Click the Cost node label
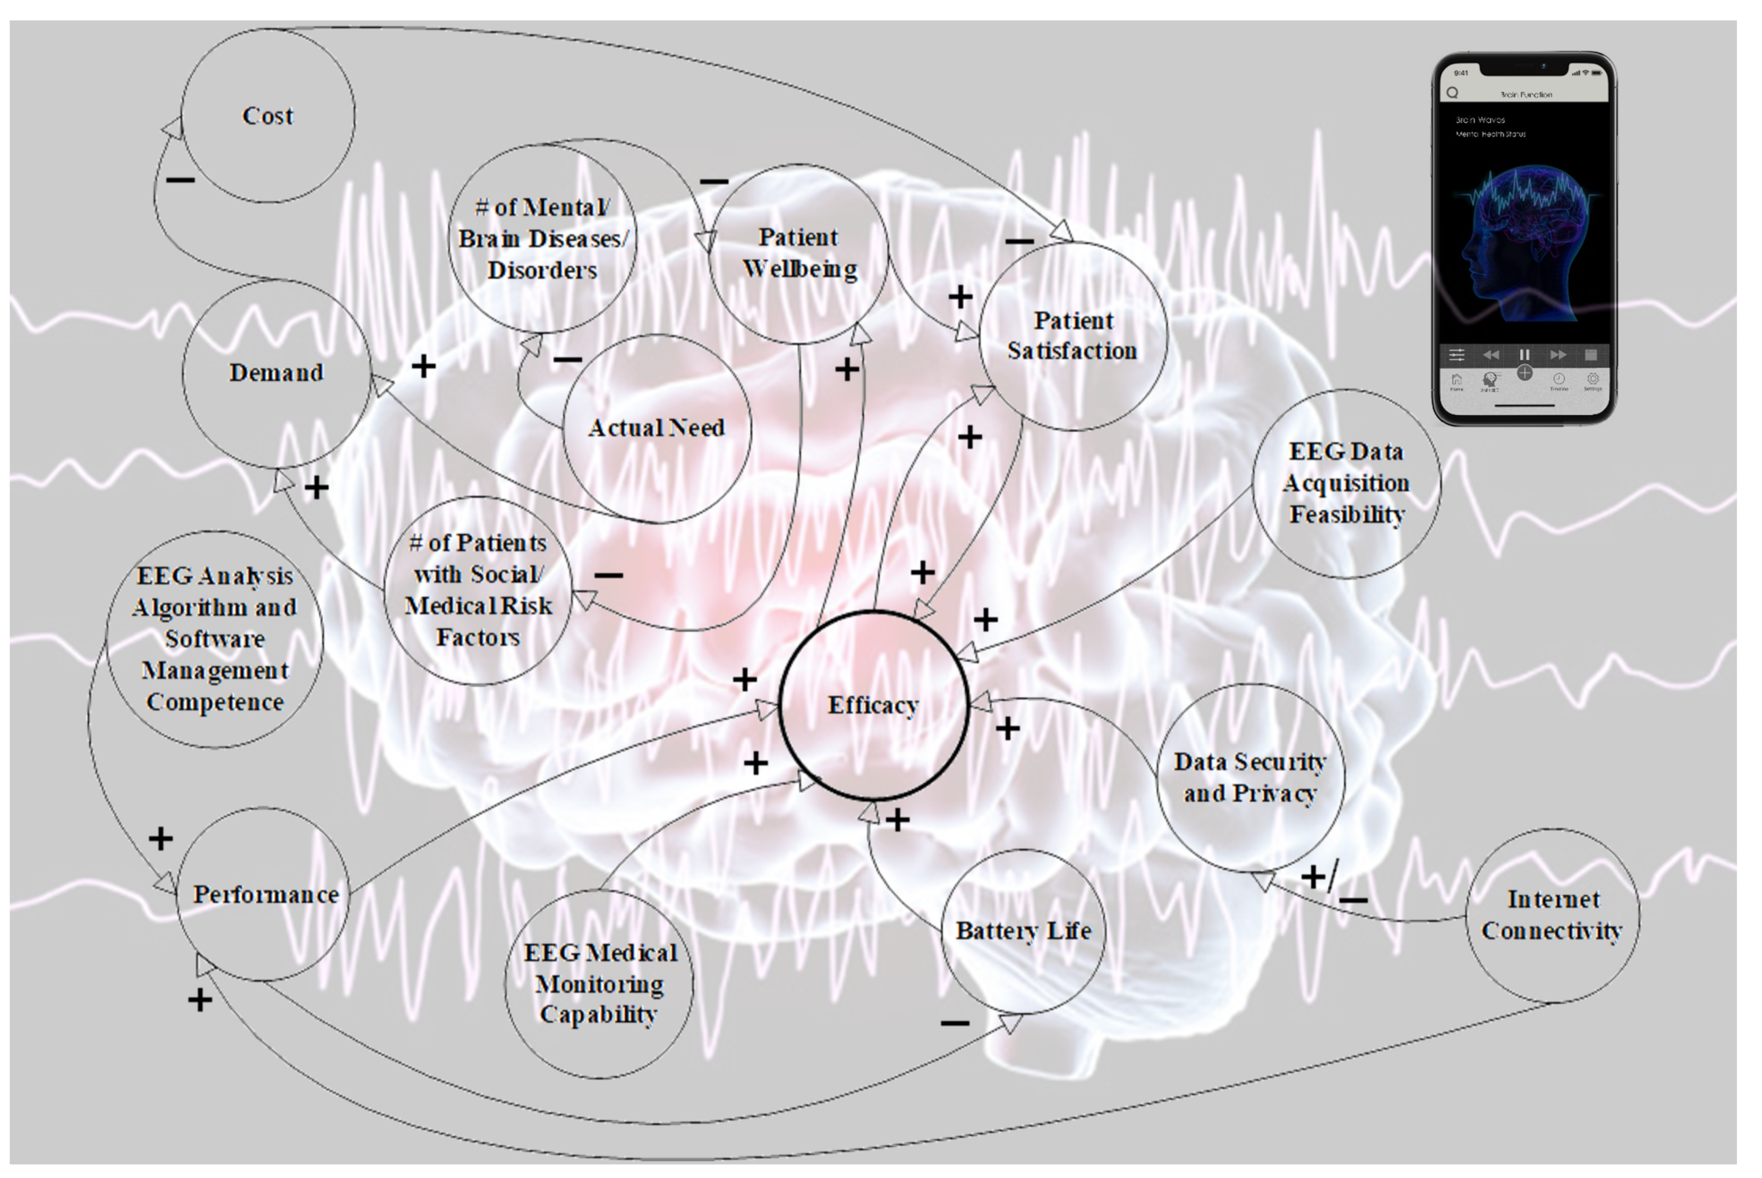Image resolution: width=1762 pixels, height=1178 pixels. point(267,116)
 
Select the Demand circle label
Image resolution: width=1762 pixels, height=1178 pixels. point(276,372)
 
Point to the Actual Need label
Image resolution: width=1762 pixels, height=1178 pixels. point(657,428)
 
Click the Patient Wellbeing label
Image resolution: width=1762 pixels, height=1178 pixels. point(799,252)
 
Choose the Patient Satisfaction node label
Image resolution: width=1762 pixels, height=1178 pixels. point(1072,336)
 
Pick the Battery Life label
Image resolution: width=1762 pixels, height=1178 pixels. point(1023,931)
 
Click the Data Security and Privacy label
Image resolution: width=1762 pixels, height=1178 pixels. point(1250,777)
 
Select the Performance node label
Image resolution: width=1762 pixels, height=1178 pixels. point(266,895)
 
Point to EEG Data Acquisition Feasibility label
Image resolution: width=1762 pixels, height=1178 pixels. point(1346,483)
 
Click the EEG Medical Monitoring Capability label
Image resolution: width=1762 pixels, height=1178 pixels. point(599,984)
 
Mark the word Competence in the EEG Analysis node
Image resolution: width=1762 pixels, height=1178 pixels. point(215,702)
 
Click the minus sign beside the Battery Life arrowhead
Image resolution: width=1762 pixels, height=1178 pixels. point(955,1023)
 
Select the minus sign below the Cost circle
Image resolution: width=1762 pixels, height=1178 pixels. point(180,180)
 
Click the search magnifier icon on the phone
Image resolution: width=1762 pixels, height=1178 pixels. point(1452,93)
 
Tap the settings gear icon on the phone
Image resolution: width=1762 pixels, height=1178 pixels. point(1592,380)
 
